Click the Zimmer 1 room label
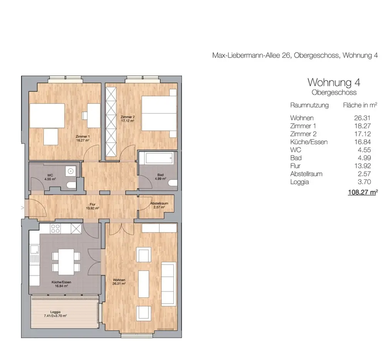[82, 138]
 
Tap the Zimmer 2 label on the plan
[127, 119]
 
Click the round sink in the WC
[71, 171]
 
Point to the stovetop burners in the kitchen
[55, 229]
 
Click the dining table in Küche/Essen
[66, 262]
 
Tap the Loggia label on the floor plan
[55, 314]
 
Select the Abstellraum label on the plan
[159, 205]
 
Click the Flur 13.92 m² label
[92, 206]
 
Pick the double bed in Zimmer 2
[159, 113]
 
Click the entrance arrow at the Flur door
[23, 208]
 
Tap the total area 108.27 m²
[363, 192]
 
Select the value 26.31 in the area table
[362, 118]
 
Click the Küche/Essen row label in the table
[309, 142]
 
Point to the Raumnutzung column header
[309, 105]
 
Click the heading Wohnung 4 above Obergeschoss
[334, 82]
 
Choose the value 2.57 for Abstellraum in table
[364, 174]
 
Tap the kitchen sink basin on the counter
[34, 249]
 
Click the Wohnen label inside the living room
[119, 282]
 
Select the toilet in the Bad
[173, 183]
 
